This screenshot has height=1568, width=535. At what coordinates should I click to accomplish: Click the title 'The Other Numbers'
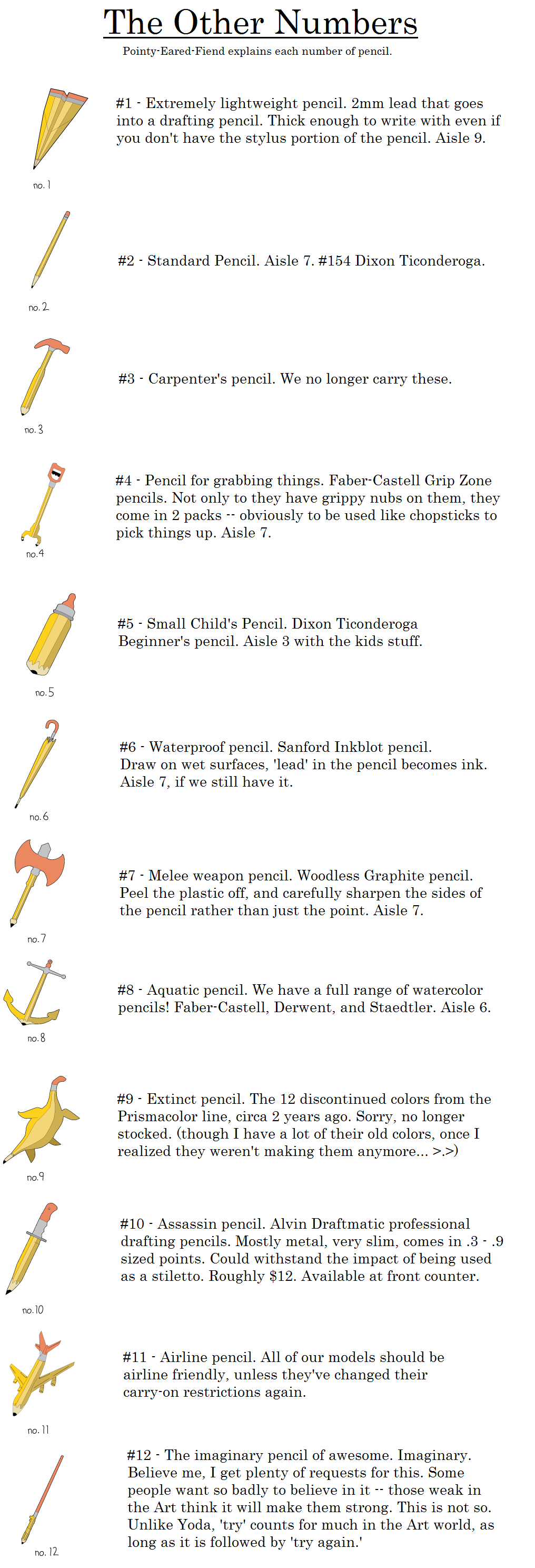click(x=261, y=23)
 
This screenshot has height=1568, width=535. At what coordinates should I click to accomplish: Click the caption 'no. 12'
click(x=46, y=1552)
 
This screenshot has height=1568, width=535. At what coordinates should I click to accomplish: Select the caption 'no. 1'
click(x=42, y=185)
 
